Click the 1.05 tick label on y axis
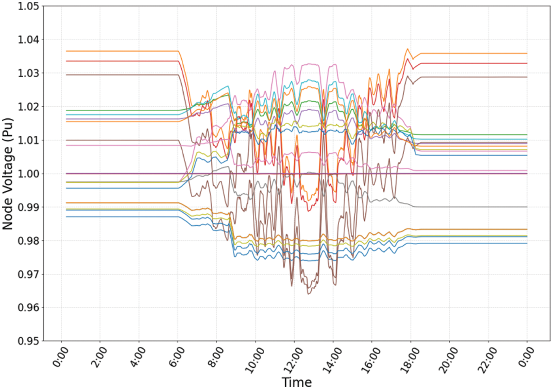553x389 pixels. [x=28, y=6]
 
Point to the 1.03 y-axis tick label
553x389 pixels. [x=28, y=73]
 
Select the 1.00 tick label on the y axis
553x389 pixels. [x=28, y=174]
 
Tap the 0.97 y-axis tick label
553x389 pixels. [x=28, y=274]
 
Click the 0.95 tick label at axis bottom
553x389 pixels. [x=28, y=341]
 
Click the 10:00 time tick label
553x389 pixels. [x=254, y=359]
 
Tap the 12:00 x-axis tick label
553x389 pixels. [x=293, y=359]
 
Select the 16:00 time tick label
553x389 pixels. [x=371, y=359]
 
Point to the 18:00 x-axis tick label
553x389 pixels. [x=410, y=359]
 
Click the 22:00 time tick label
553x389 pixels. [x=487, y=359]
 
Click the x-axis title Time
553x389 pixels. [x=297, y=382]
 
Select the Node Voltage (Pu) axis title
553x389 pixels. [x=8, y=174]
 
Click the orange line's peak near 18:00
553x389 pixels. [x=408, y=49]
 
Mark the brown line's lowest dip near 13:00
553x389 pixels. [x=308, y=294]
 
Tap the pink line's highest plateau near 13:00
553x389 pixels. [x=312, y=64]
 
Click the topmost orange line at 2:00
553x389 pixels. [x=100, y=51]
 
